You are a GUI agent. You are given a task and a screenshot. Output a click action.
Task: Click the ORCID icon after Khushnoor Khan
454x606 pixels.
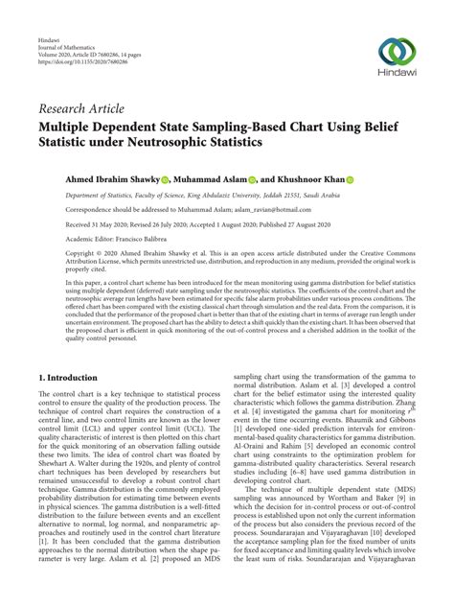point(350,178)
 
